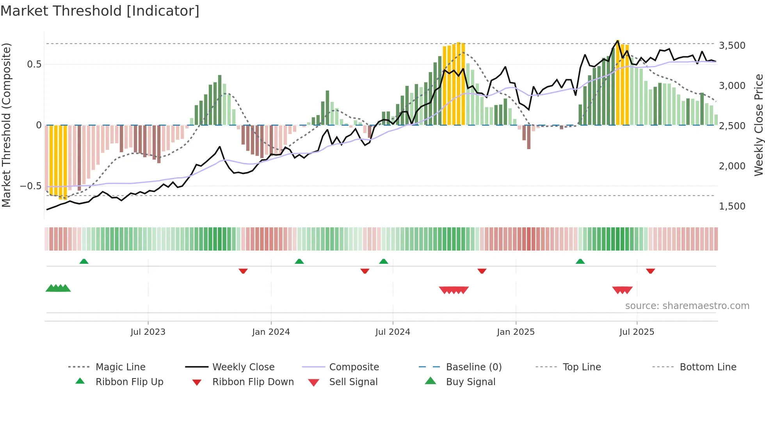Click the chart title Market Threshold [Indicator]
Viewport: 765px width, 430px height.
point(100,11)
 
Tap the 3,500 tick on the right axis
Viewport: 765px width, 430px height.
point(732,46)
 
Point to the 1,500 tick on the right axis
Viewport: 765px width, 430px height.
point(732,206)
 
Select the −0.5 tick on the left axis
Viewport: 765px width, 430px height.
point(30,186)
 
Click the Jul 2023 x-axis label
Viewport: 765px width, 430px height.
point(148,332)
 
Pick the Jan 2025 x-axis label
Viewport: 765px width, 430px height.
point(516,332)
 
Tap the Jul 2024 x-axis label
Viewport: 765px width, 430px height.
point(393,332)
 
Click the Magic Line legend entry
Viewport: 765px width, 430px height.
point(120,367)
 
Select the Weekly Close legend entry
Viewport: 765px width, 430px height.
point(243,367)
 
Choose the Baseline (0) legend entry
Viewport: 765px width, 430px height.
point(473,367)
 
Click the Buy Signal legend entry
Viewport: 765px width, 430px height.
point(470,382)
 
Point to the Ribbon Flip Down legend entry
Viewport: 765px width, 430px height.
point(253,382)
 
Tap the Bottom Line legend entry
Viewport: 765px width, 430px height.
point(708,367)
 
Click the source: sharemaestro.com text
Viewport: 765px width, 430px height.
point(687,306)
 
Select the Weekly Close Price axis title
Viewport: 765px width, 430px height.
point(758,125)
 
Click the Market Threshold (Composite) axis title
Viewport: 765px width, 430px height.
point(6,125)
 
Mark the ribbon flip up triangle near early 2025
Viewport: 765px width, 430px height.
point(580,261)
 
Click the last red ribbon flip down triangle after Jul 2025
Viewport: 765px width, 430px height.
point(650,271)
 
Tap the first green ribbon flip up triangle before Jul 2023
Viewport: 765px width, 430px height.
point(84,261)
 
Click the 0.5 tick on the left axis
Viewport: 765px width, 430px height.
point(34,64)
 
